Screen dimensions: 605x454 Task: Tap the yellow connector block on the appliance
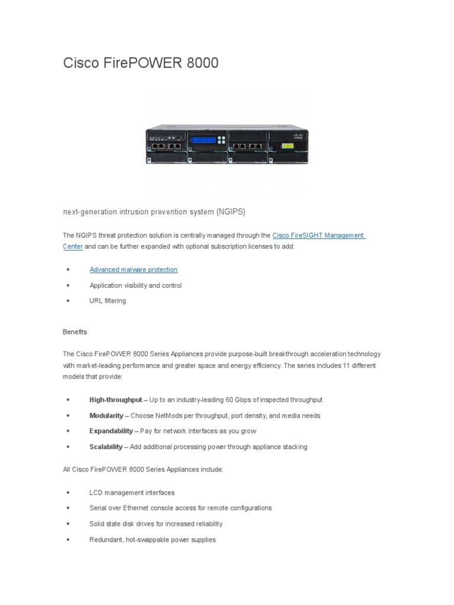pos(287,145)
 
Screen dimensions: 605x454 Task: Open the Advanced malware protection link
pos(134,269)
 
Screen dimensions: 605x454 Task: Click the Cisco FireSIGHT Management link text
pos(318,235)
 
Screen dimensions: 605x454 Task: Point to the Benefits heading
pos(75,332)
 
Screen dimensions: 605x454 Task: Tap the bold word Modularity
pos(106,415)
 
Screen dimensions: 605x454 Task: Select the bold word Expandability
pos(111,431)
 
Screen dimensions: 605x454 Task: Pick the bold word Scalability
pos(106,447)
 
